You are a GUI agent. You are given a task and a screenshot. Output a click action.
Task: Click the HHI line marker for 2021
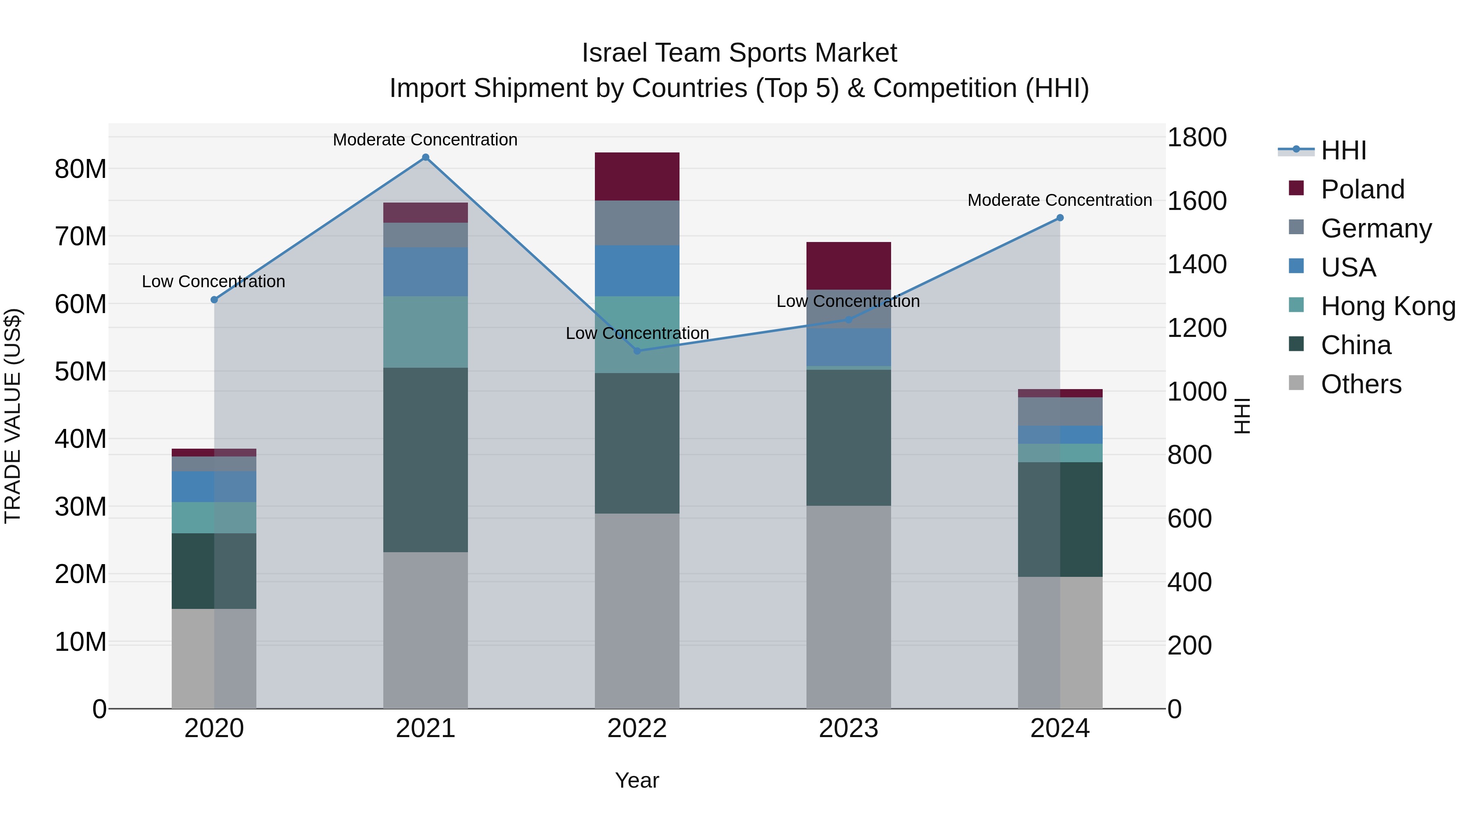pyautogui.click(x=426, y=157)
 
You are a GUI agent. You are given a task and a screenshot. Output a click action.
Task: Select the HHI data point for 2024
pyautogui.click(x=1060, y=218)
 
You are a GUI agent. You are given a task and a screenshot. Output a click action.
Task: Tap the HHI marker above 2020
pyautogui.click(x=214, y=300)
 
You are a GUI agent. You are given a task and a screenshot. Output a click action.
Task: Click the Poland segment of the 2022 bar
pyautogui.click(x=637, y=176)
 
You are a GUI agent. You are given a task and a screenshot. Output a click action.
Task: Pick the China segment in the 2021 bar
pyautogui.click(x=426, y=459)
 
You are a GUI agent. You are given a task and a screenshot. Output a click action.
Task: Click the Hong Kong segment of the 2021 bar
pyautogui.click(x=426, y=332)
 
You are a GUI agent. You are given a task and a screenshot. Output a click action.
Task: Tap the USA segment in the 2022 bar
pyautogui.click(x=637, y=271)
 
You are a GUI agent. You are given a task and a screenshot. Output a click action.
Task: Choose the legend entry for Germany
pyautogui.click(x=1375, y=228)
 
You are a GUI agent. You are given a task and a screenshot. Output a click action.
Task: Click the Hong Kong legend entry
pyautogui.click(x=1387, y=306)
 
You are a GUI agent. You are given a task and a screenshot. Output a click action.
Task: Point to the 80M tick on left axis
pyautogui.click(x=81, y=169)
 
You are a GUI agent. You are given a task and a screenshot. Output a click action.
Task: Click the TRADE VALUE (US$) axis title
pyautogui.click(x=13, y=416)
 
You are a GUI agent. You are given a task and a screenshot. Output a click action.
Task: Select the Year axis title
pyautogui.click(x=637, y=780)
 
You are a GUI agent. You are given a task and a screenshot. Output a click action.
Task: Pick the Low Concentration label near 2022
pyautogui.click(x=637, y=333)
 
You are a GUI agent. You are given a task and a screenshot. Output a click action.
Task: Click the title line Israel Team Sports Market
pyautogui.click(x=739, y=53)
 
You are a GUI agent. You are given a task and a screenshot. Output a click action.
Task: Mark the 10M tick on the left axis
pyautogui.click(x=81, y=641)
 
